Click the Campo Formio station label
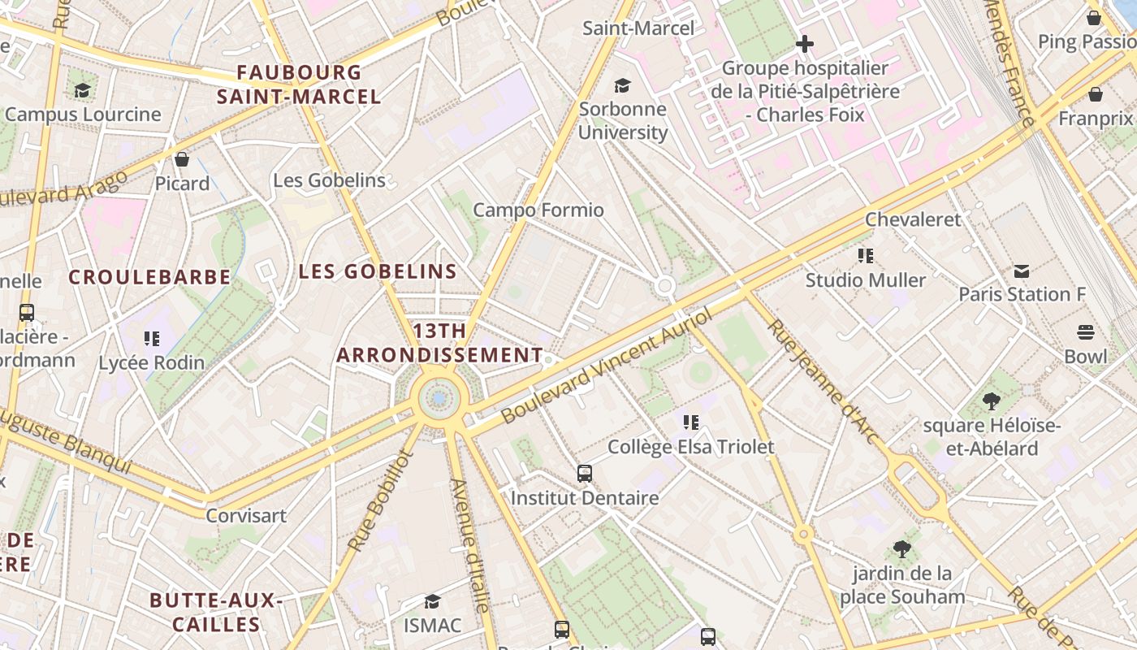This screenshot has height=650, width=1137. pos(538,210)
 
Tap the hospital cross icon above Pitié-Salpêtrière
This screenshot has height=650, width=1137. pos(805,44)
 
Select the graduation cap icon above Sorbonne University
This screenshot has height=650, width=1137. pos(622,85)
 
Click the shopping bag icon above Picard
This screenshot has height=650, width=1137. pos(182,159)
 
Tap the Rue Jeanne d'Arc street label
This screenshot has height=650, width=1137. pos(824,381)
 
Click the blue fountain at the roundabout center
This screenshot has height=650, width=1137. pos(439,398)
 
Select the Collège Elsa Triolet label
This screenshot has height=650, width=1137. pos(691,447)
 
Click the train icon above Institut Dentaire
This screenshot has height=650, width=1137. pos(584,473)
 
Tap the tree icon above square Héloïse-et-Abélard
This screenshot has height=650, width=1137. pos(991,401)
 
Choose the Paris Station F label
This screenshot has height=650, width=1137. pos(1022,294)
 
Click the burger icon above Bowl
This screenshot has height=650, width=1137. pos(1086,332)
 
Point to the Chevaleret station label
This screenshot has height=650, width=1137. pos(913,219)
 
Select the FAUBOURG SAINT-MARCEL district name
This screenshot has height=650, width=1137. pos(299,84)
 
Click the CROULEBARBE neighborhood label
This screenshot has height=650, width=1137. pos(149,277)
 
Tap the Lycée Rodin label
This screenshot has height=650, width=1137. pos(151,362)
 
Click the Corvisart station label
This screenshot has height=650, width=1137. pos(246,515)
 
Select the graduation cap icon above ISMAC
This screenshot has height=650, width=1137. pos(432,601)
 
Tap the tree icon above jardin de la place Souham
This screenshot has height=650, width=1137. pos(901,548)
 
